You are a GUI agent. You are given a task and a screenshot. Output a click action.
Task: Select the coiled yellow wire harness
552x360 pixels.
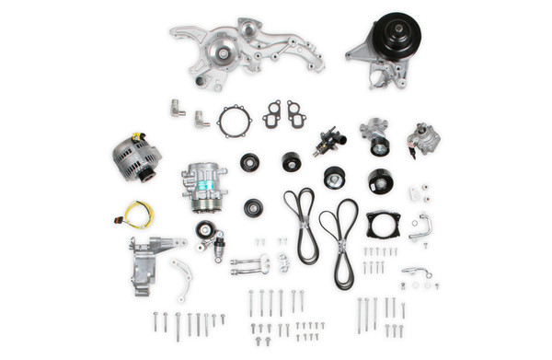point(138,215)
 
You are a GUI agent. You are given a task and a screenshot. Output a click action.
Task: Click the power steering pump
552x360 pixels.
point(423,140)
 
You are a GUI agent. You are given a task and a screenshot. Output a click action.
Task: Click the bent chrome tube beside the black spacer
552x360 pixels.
point(420,226)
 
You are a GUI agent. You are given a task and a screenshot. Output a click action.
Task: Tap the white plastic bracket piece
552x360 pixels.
point(417,194)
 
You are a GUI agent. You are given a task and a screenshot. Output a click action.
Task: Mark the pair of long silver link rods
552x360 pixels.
point(249,266)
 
